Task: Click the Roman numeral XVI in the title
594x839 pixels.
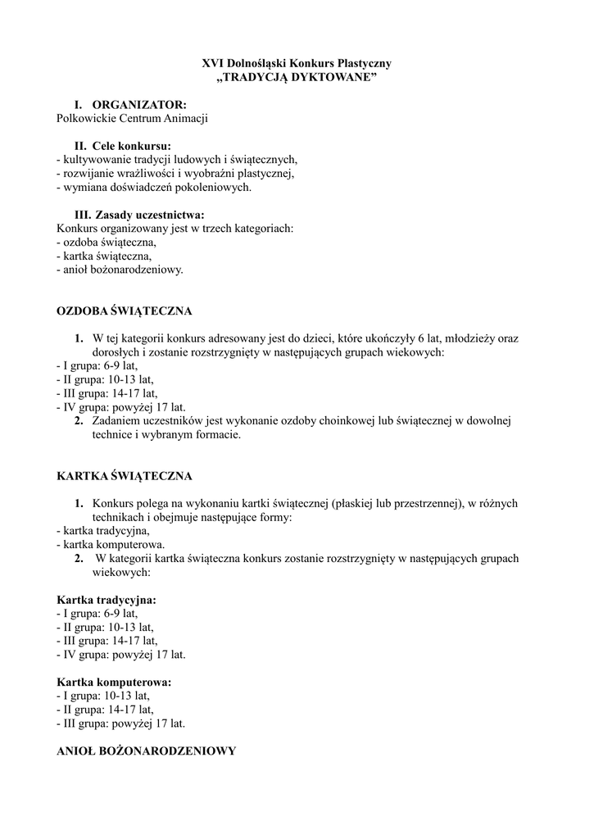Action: [x=213, y=62]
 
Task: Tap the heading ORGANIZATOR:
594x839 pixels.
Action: [x=139, y=105]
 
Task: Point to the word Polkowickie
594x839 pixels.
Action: [x=86, y=119]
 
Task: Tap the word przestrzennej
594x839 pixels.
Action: [x=424, y=503]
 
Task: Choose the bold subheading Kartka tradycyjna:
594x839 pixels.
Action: [x=106, y=600]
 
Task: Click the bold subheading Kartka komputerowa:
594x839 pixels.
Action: [x=114, y=682]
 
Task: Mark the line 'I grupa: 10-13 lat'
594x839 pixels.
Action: [x=102, y=696]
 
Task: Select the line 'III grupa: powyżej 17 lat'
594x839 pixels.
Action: [x=120, y=723]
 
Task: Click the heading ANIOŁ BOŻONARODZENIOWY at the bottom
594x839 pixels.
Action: [x=146, y=751]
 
